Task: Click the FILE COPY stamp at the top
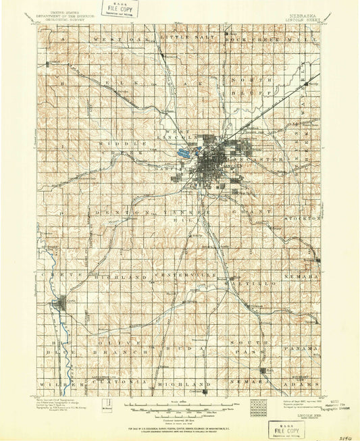coord(122,9)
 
